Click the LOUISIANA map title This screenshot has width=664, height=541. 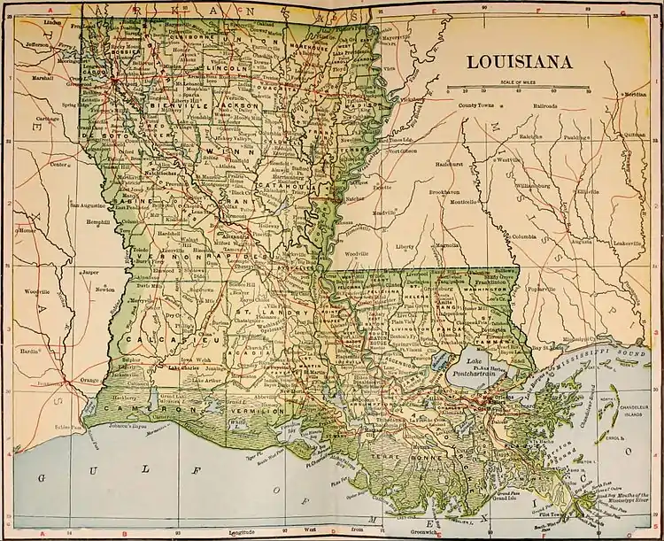click(519, 62)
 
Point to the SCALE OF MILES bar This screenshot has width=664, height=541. click(518, 89)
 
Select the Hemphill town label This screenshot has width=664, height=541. click(95, 222)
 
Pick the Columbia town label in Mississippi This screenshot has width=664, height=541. click(522, 236)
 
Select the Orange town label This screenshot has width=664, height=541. click(89, 380)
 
